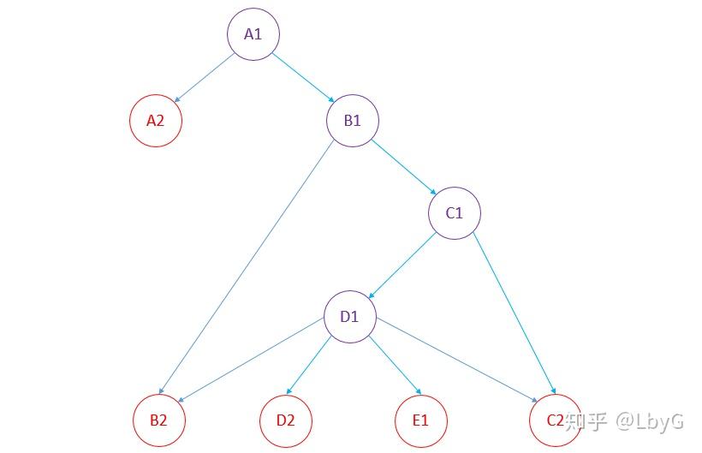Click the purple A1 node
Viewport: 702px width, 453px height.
click(253, 34)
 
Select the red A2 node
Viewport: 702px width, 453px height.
click(155, 120)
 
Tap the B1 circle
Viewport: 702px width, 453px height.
click(352, 120)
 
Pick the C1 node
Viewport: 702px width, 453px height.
click(454, 212)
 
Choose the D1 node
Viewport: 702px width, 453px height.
click(349, 317)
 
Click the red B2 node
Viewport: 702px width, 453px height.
click(158, 420)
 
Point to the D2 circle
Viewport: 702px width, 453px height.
click(285, 420)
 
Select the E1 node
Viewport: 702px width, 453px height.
click(419, 420)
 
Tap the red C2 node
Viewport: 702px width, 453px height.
click(555, 420)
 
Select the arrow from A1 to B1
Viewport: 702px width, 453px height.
click(302, 78)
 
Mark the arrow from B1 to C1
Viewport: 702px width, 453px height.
click(403, 167)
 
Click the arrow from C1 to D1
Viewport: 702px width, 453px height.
click(402, 265)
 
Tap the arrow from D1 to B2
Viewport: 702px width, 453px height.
click(254, 362)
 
